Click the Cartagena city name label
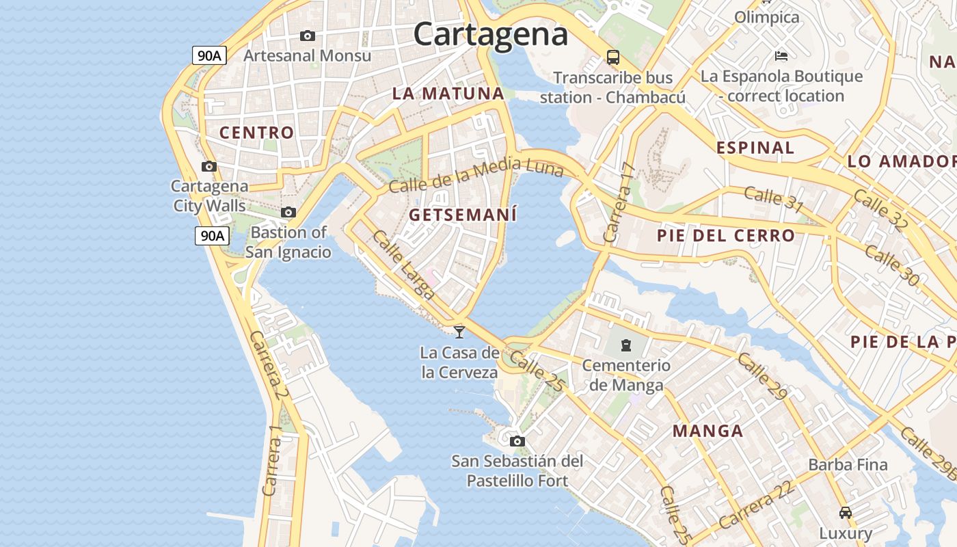490,34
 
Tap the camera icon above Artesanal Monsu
308,36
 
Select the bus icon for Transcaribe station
613,57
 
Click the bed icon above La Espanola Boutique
781,55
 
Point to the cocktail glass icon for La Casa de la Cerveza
459,332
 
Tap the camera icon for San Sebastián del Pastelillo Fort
517,441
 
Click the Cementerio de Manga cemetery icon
626,345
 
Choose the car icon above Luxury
846,512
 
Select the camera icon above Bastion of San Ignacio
288,213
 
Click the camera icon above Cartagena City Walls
209,166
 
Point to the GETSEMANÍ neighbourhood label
463,215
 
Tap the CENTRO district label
256,133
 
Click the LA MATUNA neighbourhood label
448,94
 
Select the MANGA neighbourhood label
707,431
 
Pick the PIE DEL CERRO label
726,236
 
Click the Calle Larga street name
403,265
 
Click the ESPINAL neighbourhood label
755,147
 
